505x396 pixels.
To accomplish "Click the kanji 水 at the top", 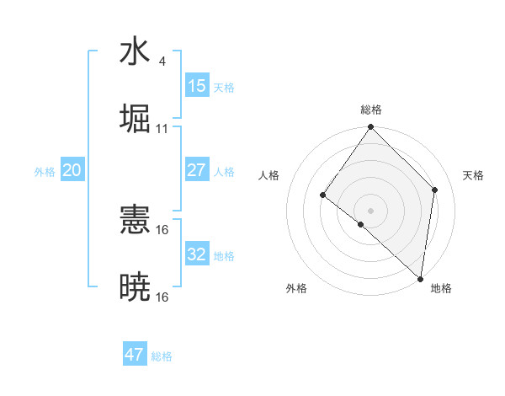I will click(135, 52).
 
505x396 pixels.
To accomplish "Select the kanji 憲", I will click(135, 222).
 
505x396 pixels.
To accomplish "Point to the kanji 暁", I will click(135, 286).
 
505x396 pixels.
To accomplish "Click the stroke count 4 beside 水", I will click(162, 62).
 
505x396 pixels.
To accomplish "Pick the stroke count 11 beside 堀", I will click(162, 128).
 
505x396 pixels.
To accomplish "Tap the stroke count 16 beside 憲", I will click(162, 230).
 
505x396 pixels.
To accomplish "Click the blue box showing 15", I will click(196, 86).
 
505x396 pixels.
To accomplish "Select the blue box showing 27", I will click(196, 170).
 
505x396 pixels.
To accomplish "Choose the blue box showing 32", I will click(196, 254).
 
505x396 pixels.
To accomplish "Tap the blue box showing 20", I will click(72, 170).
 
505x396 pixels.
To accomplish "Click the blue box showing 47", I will click(135, 355).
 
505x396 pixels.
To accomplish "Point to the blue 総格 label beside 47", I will click(162, 356).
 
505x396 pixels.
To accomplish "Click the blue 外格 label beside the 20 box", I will click(45, 172).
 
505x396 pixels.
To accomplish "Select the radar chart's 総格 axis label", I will click(370, 110).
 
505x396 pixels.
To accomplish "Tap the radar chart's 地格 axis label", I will click(441, 288).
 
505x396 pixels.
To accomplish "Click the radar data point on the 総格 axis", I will click(370, 127).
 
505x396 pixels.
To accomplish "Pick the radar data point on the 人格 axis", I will click(323, 195).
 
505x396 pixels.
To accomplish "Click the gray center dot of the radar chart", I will click(370, 211).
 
